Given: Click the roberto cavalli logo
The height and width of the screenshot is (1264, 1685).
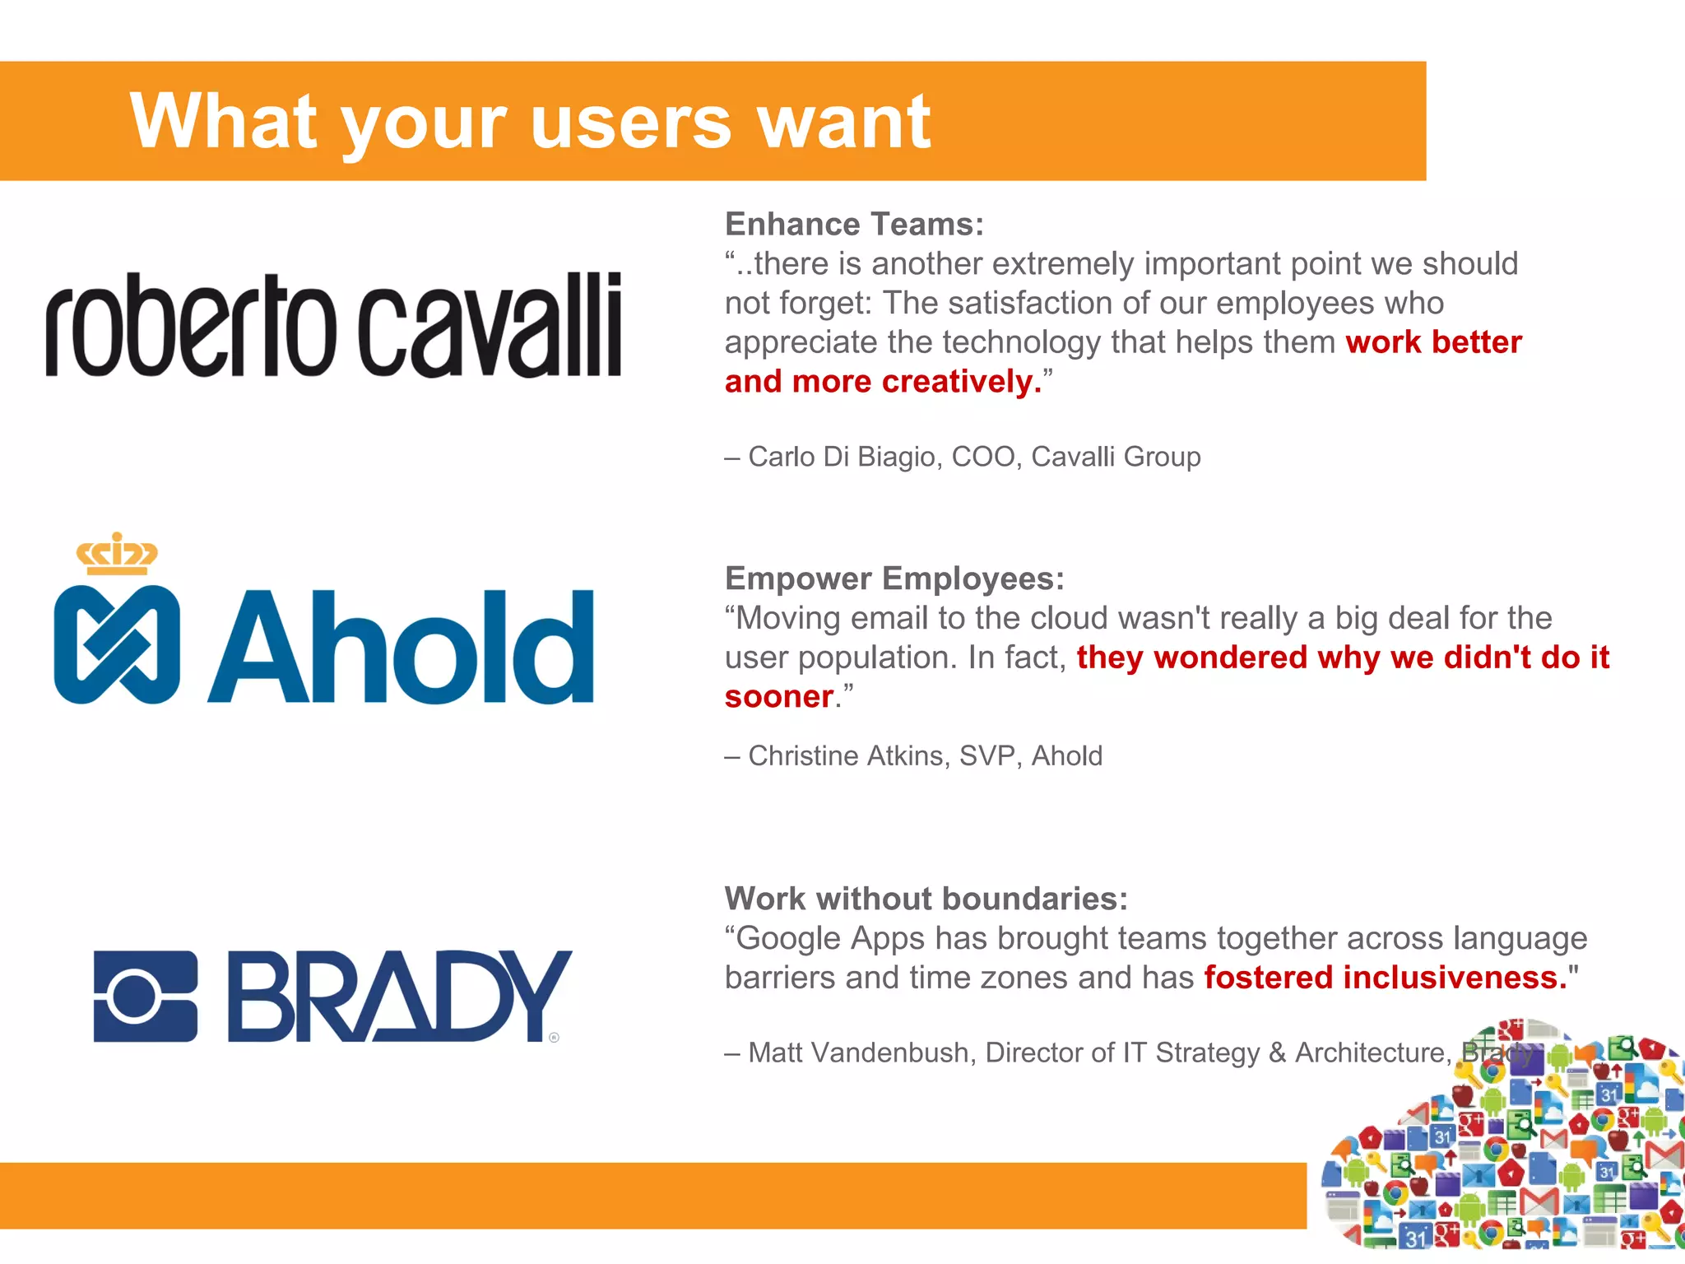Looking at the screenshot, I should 333,325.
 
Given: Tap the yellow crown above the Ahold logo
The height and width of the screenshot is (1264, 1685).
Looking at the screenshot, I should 117,554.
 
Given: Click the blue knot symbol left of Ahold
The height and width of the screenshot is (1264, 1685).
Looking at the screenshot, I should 117,644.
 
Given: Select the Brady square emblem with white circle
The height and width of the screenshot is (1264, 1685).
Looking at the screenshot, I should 146,997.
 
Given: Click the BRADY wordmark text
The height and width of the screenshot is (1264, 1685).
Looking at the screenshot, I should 398,997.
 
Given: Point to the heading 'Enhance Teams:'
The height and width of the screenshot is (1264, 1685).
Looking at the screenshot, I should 854,224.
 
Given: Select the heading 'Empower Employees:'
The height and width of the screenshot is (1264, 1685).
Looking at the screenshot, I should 894,579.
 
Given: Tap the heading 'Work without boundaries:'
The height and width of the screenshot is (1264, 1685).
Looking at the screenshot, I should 926,899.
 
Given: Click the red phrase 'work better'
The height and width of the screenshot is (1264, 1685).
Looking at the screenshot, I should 1433,342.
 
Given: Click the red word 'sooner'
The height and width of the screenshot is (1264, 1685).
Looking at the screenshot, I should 778,697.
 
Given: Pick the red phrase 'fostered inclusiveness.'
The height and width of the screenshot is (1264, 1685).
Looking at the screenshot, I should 1386,978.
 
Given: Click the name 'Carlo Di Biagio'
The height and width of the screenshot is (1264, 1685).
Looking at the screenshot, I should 843,457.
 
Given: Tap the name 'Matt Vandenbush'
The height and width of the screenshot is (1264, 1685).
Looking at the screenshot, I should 861,1053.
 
